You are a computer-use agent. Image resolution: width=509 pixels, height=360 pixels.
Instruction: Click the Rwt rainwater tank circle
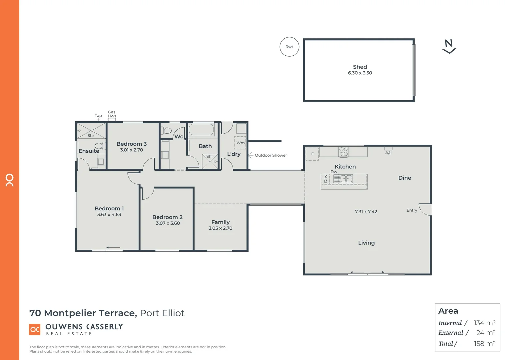click(289, 47)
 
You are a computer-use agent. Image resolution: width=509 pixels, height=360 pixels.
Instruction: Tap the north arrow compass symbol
click(449, 46)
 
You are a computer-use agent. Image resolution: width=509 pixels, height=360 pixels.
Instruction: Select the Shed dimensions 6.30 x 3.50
click(360, 73)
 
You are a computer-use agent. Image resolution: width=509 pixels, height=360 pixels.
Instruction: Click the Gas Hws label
click(112, 114)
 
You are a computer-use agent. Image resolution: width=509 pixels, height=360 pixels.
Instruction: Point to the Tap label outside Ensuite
click(98, 116)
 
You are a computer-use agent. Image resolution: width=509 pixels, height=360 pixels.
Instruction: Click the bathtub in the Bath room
click(201, 130)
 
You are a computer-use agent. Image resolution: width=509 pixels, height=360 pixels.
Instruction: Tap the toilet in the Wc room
click(167, 130)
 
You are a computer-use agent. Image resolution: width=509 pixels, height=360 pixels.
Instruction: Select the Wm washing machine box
click(240, 143)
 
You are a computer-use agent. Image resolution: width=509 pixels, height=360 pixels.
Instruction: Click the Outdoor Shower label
click(270, 155)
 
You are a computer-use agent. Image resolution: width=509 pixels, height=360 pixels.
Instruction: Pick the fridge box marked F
click(312, 154)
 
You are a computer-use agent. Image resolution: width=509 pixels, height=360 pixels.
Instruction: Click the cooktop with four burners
click(343, 152)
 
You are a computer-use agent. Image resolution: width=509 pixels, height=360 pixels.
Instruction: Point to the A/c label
click(388, 153)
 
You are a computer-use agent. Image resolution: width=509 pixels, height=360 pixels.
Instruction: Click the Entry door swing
click(425, 209)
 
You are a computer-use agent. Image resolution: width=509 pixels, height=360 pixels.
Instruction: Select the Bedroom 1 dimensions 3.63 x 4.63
click(109, 215)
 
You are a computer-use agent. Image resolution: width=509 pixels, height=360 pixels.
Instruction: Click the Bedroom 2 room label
click(167, 217)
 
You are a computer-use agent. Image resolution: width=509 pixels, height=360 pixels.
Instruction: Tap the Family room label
click(220, 222)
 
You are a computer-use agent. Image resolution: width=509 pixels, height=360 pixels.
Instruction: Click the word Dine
click(404, 178)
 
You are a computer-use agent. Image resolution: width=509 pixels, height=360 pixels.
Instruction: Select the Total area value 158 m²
click(484, 344)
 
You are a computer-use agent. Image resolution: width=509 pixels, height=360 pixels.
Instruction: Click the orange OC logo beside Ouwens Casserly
click(35, 329)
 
